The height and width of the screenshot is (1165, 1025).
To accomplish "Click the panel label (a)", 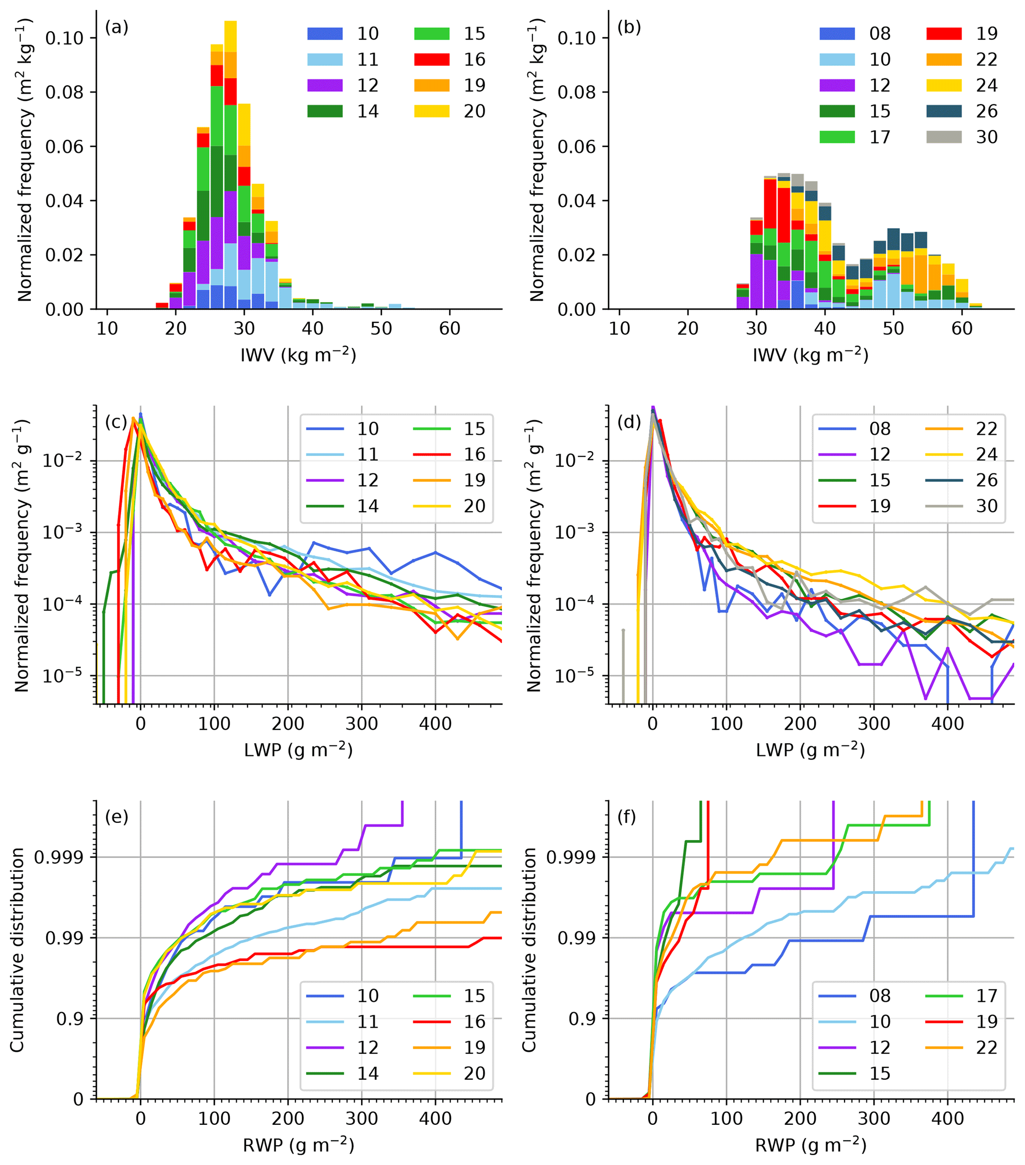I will pyautogui.click(x=117, y=27).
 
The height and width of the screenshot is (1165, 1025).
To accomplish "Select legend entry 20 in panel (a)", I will pyautogui.click(x=474, y=111).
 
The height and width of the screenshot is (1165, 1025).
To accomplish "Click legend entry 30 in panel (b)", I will pyautogui.click(x=986, y=137).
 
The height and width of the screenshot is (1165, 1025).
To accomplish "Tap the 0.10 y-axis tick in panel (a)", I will pyautogui.click(x=64, y=38).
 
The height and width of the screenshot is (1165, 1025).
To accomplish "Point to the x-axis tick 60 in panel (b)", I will pyautogui.click(x=962, y=328).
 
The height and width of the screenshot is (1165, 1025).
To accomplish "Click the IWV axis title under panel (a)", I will pyautogui.click(x=298, y=355).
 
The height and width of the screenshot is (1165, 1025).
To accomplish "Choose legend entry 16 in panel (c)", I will pyautogui.click(x=474, y=454).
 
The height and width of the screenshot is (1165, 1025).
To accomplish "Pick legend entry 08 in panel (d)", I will pyautogui.click(x=880, y=429).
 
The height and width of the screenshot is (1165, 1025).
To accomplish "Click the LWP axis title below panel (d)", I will pyautogui.click(x=810, y=750).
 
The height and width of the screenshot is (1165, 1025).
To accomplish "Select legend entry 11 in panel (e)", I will pyautogui.click(x=367, y=1021).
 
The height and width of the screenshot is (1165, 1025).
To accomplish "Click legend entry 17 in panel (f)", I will pyautogui.click(x=986, y=996).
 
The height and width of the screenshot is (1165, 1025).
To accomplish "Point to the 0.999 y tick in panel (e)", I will pyautogui.click(x=58, y=857).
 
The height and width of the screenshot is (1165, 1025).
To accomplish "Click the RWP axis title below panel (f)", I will pyautogui.click(x=810, y=1145).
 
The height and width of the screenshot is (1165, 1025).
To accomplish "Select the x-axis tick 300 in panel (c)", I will pyautogui.click(x=362, y=724).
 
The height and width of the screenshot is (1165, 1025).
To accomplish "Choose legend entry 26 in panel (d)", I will pyautogui.click(x=986, y=480).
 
